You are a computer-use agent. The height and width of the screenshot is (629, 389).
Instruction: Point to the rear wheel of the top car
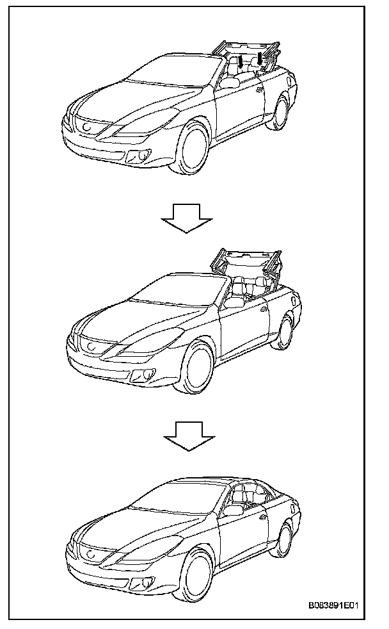point(280,112)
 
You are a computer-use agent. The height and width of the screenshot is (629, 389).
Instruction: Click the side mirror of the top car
point(228,83)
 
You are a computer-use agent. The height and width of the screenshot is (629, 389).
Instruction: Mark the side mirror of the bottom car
point(235,510)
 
